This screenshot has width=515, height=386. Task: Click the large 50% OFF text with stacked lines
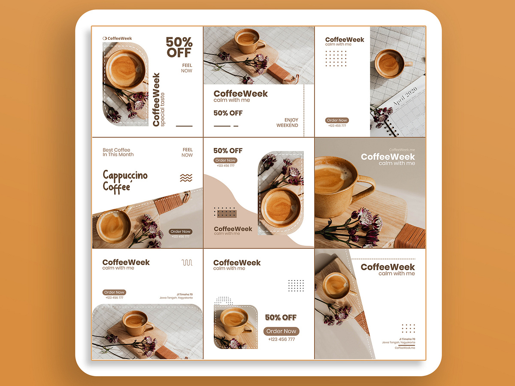(179, 47)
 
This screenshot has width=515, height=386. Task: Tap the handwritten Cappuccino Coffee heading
(125, 181)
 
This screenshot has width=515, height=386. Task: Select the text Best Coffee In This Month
(118, 152)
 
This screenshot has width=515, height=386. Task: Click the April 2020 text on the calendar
(405, 96)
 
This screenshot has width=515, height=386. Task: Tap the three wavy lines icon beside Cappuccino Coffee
(186, 178)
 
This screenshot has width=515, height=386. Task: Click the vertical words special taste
(162, 109)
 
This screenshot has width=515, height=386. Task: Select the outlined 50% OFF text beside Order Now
(281, 317)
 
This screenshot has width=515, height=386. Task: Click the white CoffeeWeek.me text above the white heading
(402, 150)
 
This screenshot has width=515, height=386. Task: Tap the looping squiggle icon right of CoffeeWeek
(187, 262)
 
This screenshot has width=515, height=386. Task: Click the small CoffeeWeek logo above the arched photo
(117, 38)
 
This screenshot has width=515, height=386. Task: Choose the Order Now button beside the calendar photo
(337, 121)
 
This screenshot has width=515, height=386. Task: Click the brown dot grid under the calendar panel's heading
(336, 58)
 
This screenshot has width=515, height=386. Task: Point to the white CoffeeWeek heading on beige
(388, 157)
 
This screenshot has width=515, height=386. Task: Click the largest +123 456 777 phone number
(281, 339)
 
